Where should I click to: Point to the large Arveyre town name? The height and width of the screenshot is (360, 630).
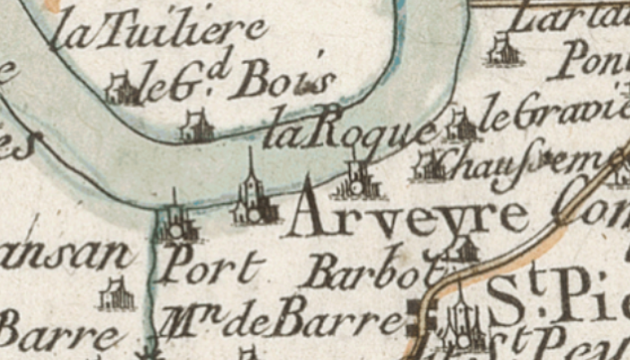coord(409,218)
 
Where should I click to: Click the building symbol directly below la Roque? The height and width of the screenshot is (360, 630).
coord(359,180)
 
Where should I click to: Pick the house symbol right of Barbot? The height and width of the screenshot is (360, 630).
coord(463,249)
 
